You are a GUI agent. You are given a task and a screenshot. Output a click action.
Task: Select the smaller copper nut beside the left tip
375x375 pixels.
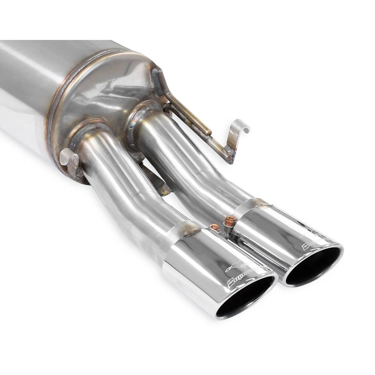click(x=214, y=226)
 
